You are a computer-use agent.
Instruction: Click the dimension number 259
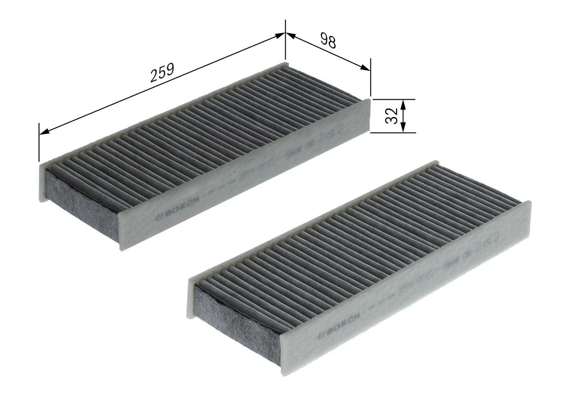pos(162,72)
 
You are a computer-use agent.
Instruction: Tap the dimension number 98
pos(328,41)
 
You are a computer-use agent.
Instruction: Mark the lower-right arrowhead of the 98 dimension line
pos(365,68)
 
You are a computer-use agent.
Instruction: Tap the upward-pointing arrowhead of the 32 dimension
pos(403,104)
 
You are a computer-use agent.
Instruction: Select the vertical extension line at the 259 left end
pos(39,142)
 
